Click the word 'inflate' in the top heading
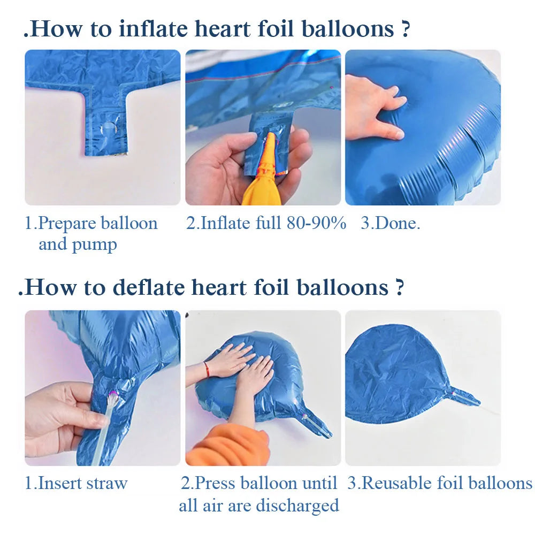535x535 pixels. coord(154,29)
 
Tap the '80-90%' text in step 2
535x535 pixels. coord(316,223)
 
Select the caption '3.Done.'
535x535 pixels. coord(391,223)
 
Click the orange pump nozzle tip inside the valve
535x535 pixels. coord(271,136)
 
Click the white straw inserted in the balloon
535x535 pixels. coord(104,430)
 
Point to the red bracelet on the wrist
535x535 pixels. coord(207,369)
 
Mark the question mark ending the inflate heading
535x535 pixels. coord(405,29)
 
